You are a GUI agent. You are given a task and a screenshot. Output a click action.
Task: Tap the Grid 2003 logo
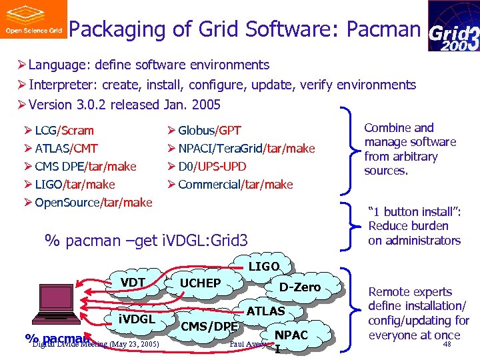(x=453, y=26)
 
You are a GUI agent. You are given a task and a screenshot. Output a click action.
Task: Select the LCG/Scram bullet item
(x=64, y=130)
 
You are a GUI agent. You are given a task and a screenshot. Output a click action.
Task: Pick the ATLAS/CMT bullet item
(x=66, y=148)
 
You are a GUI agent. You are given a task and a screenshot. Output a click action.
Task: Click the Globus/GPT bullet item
(x=209, y=130)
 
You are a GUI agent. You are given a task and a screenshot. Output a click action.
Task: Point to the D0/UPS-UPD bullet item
(x=212, y=166)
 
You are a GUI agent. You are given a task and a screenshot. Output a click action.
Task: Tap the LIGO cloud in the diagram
(x=264, y=267)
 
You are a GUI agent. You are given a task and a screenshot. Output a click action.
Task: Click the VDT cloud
(x=133, y=283)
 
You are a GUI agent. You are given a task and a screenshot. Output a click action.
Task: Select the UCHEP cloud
(x=200, y=283)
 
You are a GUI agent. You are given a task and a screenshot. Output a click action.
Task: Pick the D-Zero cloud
(x=300, y=287)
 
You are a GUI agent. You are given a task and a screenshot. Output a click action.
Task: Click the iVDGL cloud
(x=137, y=319)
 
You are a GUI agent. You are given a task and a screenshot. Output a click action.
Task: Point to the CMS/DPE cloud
(x=209, y=326)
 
